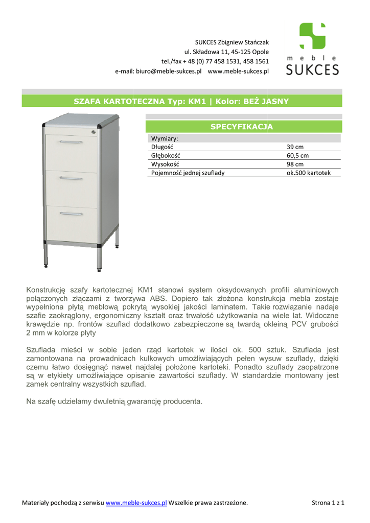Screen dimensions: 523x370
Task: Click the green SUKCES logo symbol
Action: (312, 36)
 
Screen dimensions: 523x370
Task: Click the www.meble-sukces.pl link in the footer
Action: (136, 503)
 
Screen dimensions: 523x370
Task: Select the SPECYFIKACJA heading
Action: (242, 127)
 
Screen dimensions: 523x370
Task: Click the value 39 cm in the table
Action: (295, 147)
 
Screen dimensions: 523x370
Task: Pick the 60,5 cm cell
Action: (297, 155)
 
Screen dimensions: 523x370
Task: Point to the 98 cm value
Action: (295, 164)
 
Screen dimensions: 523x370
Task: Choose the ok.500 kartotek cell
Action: (309, 173)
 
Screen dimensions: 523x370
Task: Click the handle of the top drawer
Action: (71, 142)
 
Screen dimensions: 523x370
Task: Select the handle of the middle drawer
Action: (71, 178)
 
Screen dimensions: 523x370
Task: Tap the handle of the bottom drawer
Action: (71, 213)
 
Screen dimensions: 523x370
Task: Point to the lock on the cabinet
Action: (94, 132)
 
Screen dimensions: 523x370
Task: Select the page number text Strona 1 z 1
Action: (328, 503)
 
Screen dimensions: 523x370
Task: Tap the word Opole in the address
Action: (260, 52)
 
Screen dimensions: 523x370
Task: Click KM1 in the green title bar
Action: (197, 101)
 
